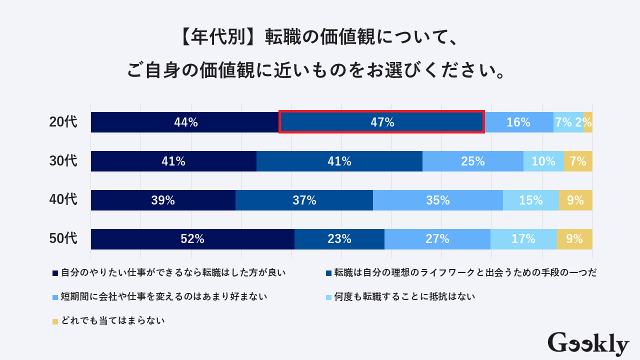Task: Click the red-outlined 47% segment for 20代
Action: (381, 122)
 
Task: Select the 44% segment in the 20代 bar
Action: (184, 122)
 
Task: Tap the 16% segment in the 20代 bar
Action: (518, 122)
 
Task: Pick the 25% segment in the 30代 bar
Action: (473, 161)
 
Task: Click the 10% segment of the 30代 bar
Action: (543, 161)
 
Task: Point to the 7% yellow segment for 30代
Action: (578, 161)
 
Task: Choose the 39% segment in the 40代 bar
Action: (163, 200)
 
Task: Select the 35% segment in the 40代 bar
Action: (438, 200)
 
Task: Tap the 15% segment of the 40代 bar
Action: (530, 200)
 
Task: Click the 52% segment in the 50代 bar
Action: (192, 239)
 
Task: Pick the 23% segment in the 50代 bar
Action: (339, 239)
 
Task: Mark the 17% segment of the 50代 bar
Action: (523, 239)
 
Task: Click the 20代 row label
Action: (63, 122)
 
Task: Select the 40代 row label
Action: (63, 200)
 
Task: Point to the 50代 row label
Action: (63, 239)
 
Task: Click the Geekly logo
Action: (588, 344)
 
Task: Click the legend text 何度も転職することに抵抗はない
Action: (405, 297)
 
